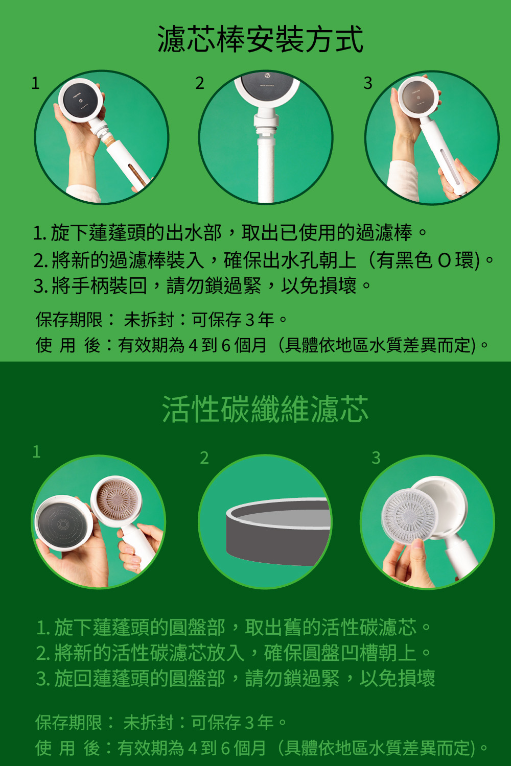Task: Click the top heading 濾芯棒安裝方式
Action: pos(260,40)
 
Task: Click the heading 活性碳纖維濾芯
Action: pos(265,409)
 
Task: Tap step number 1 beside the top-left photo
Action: pos(35,83)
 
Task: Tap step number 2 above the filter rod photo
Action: pos(199,83)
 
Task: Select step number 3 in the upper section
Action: pos(367,83)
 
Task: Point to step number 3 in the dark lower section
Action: pos(376,458)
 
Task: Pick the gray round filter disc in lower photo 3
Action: pos(410,514)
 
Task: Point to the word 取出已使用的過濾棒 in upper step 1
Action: pos(327,232)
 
